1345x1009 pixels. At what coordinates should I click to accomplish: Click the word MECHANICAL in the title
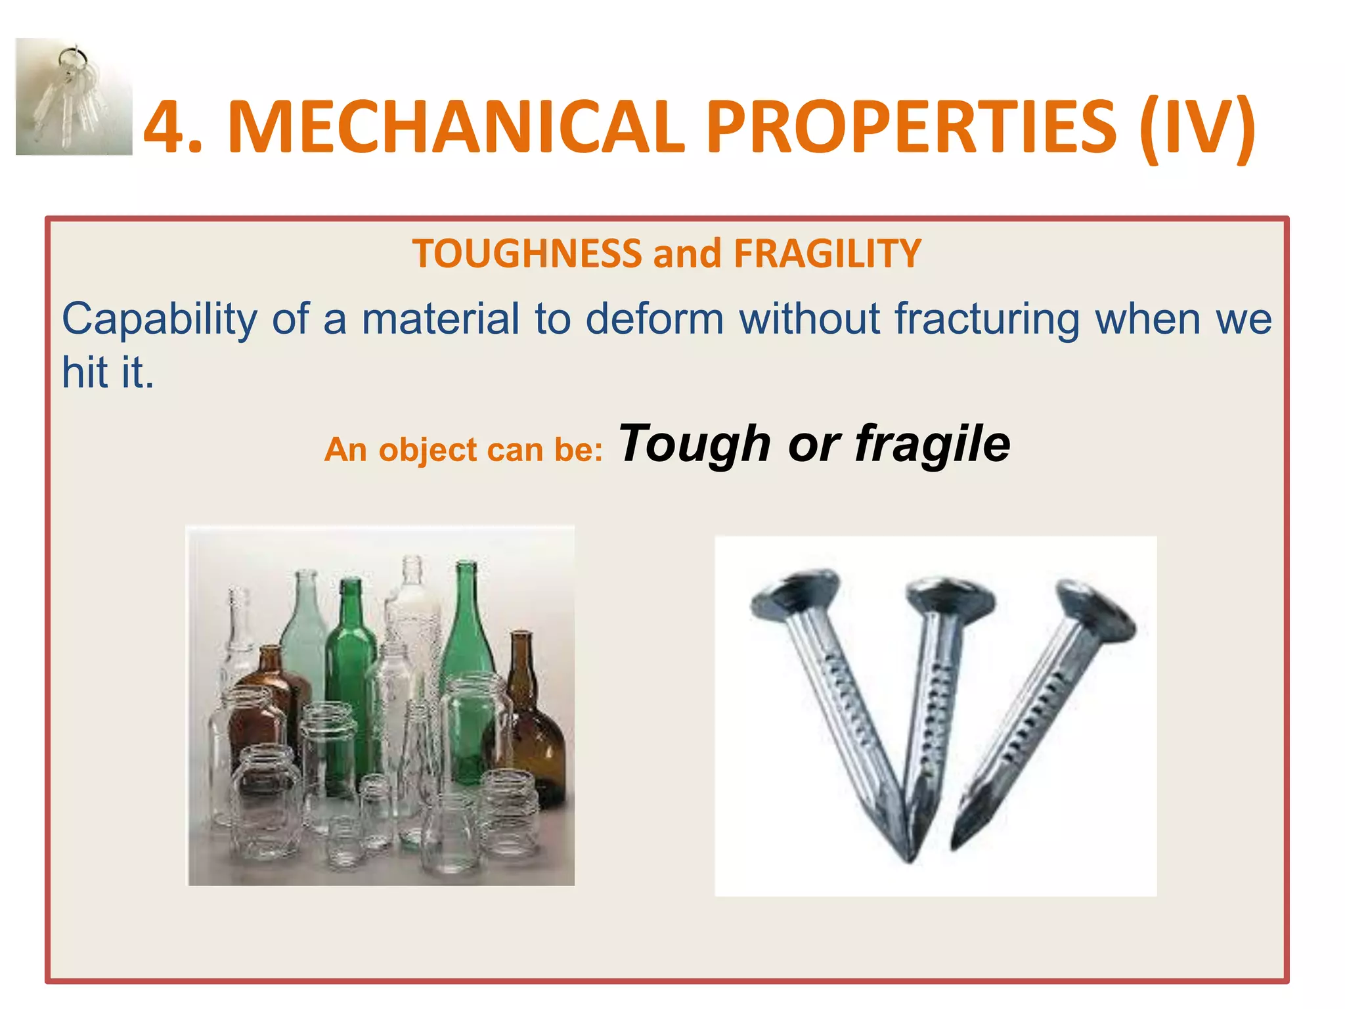pos(456,127)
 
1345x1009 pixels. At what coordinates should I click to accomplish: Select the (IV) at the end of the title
pos(1197,127)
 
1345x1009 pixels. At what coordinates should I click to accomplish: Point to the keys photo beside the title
pos(74,97)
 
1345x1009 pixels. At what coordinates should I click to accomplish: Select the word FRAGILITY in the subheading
pos(827,254)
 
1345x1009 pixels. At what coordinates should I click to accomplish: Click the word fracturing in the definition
pos(987,320)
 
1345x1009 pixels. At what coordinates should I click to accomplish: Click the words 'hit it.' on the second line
pos(108,372)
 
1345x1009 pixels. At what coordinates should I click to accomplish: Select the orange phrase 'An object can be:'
pos(463,450)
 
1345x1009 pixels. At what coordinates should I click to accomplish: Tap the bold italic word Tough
pos(695,445)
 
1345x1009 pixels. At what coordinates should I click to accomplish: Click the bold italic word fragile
pos(933,445)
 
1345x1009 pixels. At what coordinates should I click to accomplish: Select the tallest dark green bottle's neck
pos(466,591)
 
